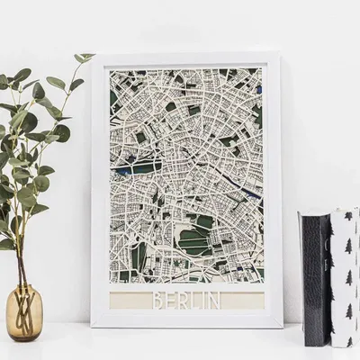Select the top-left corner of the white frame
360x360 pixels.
(93, 55)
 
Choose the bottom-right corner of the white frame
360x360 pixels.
(282, 327)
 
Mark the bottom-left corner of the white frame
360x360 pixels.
(92, 327)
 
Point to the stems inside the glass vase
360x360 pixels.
(21, 306)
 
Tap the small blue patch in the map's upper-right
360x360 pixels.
(257, 89)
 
